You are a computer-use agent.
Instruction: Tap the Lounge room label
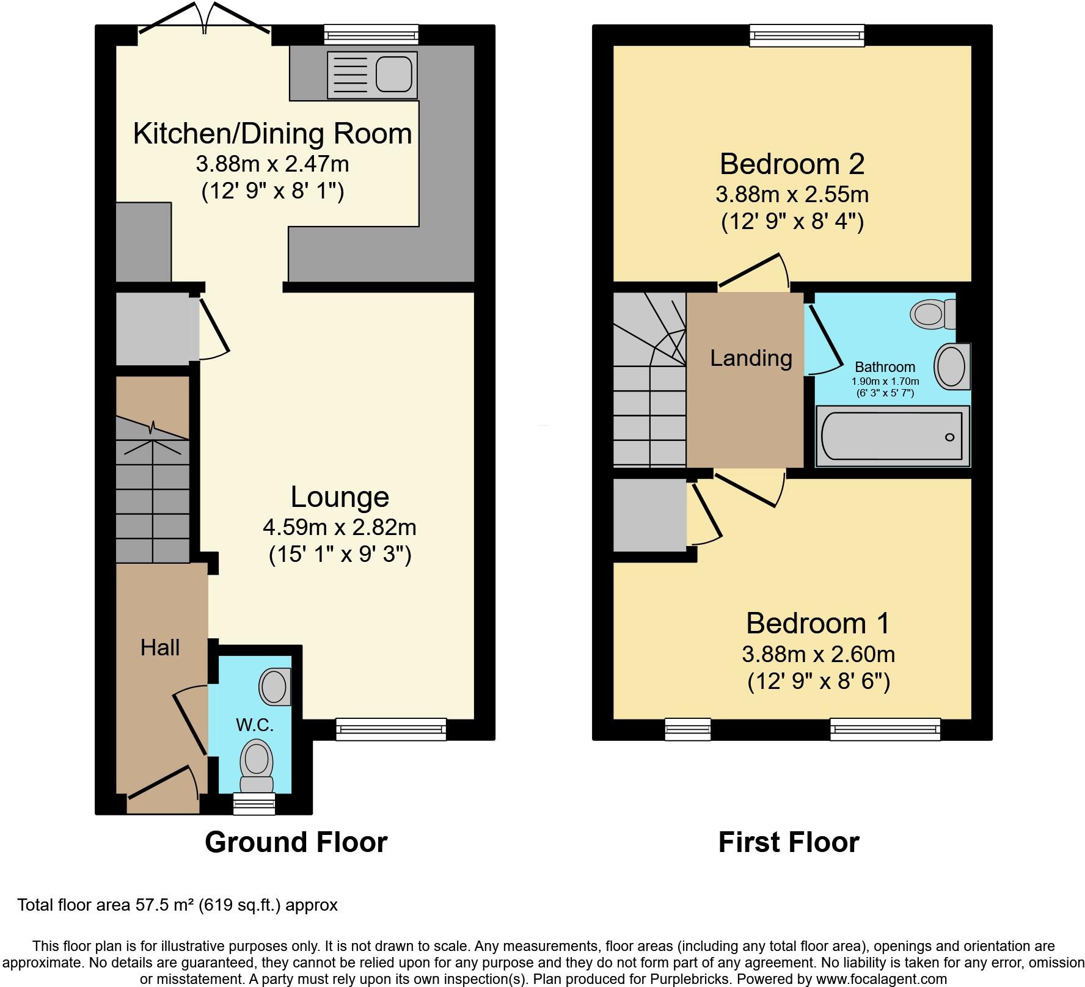click(340, 497)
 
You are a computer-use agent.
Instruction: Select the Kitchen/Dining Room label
click(272, 134)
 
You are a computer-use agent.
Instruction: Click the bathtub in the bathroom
click(893, 436)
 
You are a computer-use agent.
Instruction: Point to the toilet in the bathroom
click(933, 314)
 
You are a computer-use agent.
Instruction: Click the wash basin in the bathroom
click(952, 366)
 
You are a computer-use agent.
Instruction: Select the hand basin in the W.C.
click(275, 687)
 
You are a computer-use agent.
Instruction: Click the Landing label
click(751, 358)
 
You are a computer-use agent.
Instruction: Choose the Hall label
click(160, 647)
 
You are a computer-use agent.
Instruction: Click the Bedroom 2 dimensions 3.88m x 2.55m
click(792, 195)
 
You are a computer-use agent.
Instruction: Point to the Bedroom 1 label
click(818, 623)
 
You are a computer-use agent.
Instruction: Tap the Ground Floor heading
click(296, 842)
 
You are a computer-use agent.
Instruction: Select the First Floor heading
click(789, 842)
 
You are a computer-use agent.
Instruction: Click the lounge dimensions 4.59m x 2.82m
click(340, 526)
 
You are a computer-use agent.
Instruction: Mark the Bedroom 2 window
click(807, 35)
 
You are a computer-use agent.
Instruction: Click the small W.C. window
click(255, 804)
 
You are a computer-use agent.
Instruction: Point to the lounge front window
click(391, 729)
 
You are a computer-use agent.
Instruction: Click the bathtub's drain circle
click(949, 437)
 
